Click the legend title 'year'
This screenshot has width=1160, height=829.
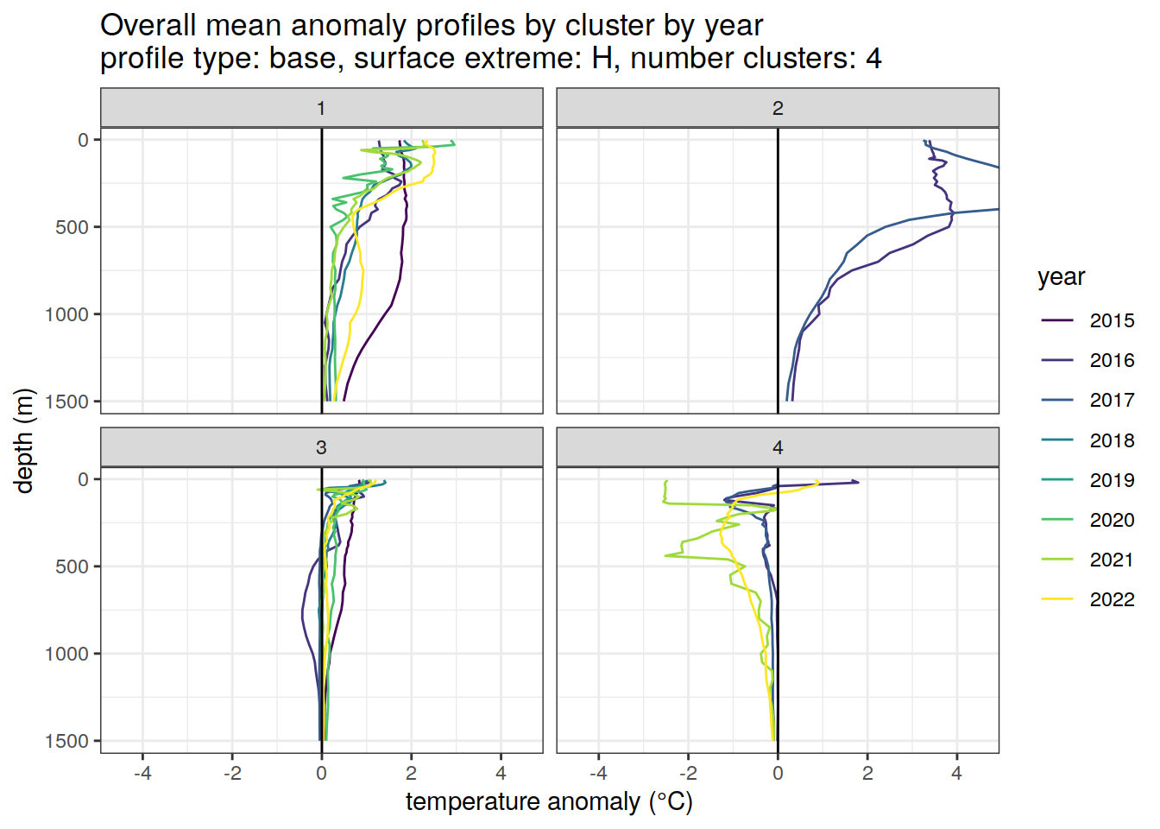click(1061, 277)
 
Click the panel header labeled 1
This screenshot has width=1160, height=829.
click(321, 108)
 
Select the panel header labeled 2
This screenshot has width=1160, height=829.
click(778, 108)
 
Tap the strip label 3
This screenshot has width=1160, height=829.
click(321, 447)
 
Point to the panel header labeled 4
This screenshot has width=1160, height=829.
click(778, 447)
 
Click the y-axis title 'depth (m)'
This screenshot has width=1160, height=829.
click(24, 440)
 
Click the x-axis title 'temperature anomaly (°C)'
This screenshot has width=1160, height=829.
click(549, 802)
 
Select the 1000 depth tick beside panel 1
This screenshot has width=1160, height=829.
click(67, 314)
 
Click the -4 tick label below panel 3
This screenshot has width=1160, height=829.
click(142, 773)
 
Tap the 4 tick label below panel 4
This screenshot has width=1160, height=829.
click(956, 773)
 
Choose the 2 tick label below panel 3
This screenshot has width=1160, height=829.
click(411, 773)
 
